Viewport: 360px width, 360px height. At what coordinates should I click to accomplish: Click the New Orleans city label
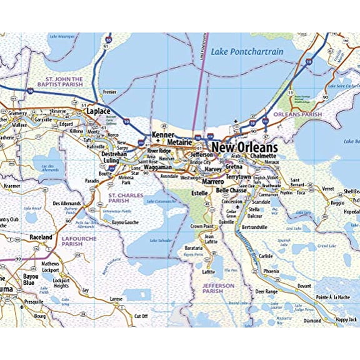[x=245, y=147]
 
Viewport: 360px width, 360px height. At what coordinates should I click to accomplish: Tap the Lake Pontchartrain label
[x=247, y=51]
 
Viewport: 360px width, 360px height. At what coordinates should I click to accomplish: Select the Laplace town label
[x=97, y=111]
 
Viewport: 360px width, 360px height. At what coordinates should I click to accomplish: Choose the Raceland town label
[x=41, y=237]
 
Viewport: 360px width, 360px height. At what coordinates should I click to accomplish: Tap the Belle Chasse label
[x=231, y=190]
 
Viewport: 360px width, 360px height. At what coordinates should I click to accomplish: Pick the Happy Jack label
[x=346, y=319]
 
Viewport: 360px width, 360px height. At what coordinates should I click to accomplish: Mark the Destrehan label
[x=114, y=152]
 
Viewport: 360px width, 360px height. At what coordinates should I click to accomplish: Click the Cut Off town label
[x=141, y=316]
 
